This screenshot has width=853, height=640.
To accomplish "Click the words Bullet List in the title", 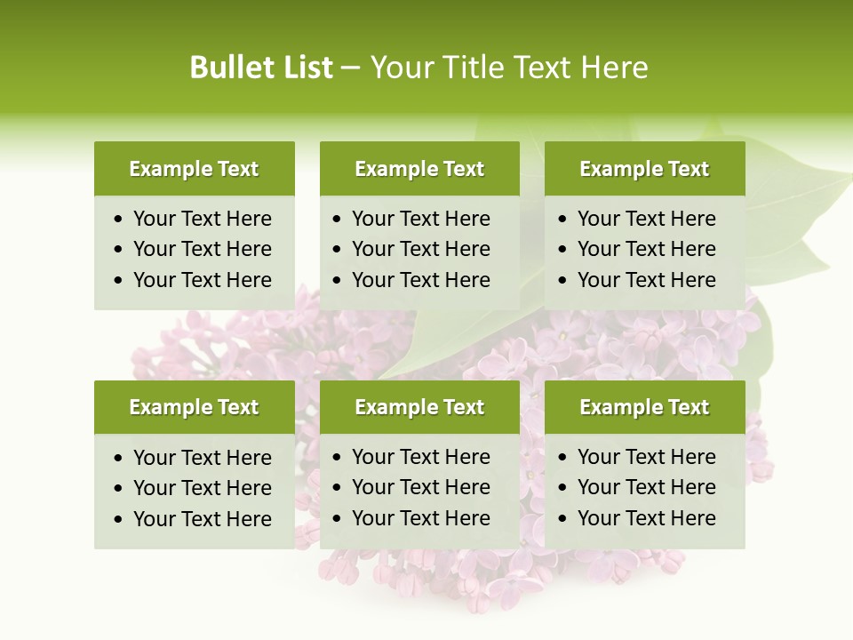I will pyautogui.click(x=261, y=68).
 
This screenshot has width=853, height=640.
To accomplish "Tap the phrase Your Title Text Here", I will pyautogui.click(x=509, y=68).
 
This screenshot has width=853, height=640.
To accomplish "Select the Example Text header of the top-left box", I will pyautogui.click(x=194, y=169).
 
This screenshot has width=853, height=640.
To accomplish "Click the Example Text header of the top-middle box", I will pyautogui.click(x=419, y=169).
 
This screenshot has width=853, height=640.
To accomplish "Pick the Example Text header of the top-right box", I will pyautogui.click(x=644, y=169).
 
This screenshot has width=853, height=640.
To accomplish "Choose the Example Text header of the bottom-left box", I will pyautogui.click(x=194, y=407).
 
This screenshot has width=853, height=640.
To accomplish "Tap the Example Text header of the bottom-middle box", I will pyautogui.click(x=419, y=407).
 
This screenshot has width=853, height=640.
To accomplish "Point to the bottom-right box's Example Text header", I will pyautogui.click(x=644, y=407).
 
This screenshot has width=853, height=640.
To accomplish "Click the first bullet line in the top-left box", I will pyautogui.click(x=202, y=219).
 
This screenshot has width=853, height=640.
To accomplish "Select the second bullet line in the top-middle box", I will pyautogui.click(x=420, y=249).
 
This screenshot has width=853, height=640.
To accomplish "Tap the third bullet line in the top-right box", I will pyautogui.click(x=646, y=280).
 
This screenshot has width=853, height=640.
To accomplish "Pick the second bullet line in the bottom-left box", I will pyautogui.click(x=202, y=488).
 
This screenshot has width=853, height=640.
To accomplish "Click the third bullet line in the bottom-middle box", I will pyautogui.click(x=420, y=518).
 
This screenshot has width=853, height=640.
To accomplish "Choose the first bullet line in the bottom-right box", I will pyautogui.click(x=646, y=457).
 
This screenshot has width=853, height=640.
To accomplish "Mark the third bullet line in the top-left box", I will pyautogui.click(x=202, y=280).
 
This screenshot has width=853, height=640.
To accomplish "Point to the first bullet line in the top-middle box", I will pyautogui.click(x=420, y=219).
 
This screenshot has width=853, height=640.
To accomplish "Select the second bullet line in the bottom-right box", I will pyautogui.click(x=646, y=487).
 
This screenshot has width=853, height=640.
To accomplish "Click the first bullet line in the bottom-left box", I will pyautogui.click(x=202, y=458).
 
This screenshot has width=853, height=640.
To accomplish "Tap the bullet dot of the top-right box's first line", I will pyautogui.click(x=562, y=220).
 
